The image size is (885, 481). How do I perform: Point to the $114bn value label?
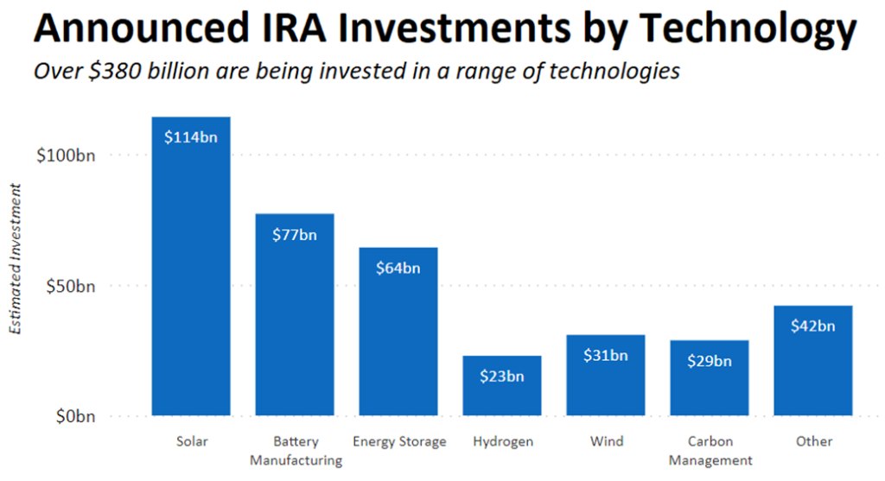191,136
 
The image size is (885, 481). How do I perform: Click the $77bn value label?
295,234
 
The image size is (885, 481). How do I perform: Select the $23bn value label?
502,376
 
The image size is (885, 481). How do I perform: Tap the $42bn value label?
813,326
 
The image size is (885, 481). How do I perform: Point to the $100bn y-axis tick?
66,155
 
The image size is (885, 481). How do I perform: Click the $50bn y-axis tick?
69,286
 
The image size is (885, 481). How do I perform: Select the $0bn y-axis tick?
73,416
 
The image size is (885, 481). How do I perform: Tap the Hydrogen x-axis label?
503,441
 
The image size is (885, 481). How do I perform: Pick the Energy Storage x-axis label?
399,441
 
